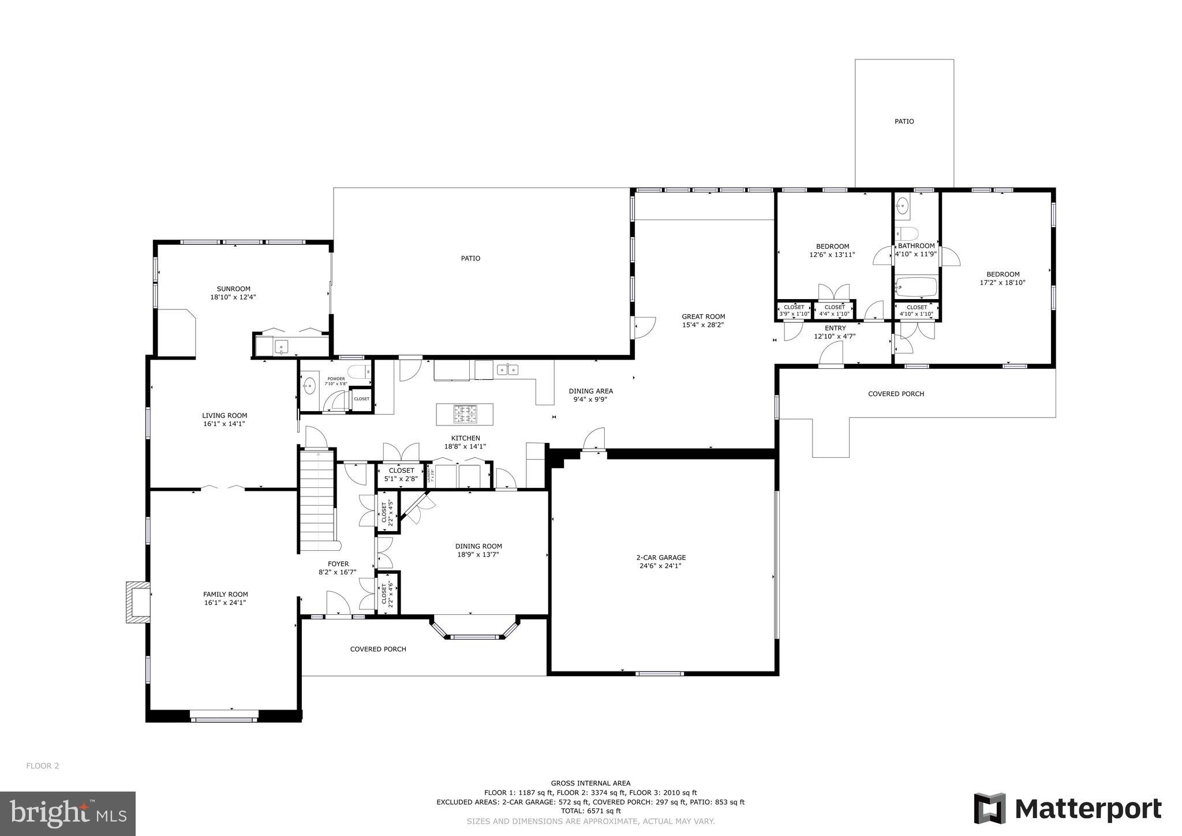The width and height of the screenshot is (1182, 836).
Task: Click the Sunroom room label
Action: (x=233, y=289)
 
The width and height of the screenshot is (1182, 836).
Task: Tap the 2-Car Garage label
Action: (x=661, y=558)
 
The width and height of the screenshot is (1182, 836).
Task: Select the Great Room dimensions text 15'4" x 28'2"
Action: (x=703, y=325)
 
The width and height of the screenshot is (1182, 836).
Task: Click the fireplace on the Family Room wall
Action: (x=138, y=602)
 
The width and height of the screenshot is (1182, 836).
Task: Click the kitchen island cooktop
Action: (x=465, y=413)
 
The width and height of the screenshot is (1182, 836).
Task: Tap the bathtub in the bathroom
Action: (x=916, y=286)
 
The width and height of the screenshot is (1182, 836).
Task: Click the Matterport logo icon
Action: (x=989, y=808)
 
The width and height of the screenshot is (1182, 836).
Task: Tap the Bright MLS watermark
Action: (x=68, y=813)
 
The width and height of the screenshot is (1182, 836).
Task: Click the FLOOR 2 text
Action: (x=43, y=766)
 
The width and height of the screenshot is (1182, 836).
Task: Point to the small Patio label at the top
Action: (x=904, y=122)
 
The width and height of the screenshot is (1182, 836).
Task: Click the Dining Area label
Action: (x=590, y=391)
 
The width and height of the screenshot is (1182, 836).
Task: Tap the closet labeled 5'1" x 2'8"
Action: (x=401, y=474)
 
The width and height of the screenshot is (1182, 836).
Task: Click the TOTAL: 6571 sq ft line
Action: (x=590, y=811)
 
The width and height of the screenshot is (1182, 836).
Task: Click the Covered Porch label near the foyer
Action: (x=378, y=649)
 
